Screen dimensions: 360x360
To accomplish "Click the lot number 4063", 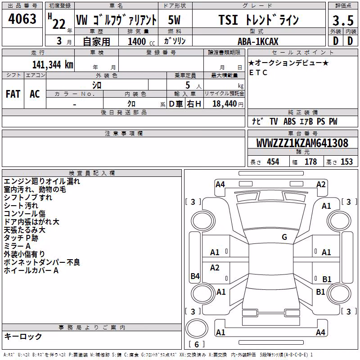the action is tap(22, 18).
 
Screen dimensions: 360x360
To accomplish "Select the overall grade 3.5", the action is tap(343, 20).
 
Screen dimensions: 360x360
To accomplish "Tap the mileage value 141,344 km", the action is tap(53, 64).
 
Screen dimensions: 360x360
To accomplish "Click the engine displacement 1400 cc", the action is tap(141, 41).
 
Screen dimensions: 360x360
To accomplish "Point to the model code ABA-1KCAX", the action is tap(258, 41).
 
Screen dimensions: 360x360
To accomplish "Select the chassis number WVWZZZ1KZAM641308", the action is tap(302, 143).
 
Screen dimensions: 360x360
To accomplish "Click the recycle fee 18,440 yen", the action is tap(228, 104).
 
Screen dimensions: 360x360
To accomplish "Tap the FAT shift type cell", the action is tap(13, 94).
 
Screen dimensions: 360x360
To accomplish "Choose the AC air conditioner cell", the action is tap(35, 94).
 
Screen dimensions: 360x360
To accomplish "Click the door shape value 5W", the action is tap(174, 20).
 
